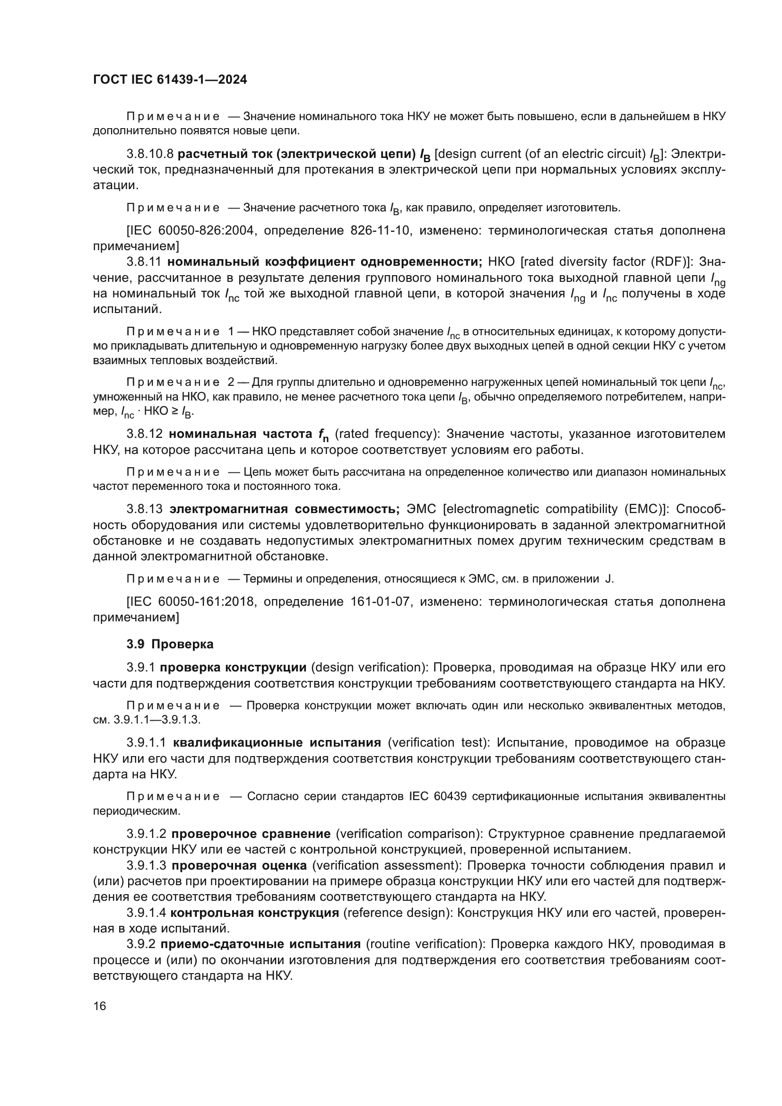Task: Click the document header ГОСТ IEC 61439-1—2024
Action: pos(170,80)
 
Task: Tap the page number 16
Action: pos(100,1006)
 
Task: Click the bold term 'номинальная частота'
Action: pos(240,434)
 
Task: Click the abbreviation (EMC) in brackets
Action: pos(643,509)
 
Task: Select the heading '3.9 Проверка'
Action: pos(170,644)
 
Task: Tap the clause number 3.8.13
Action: pos(145,509)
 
